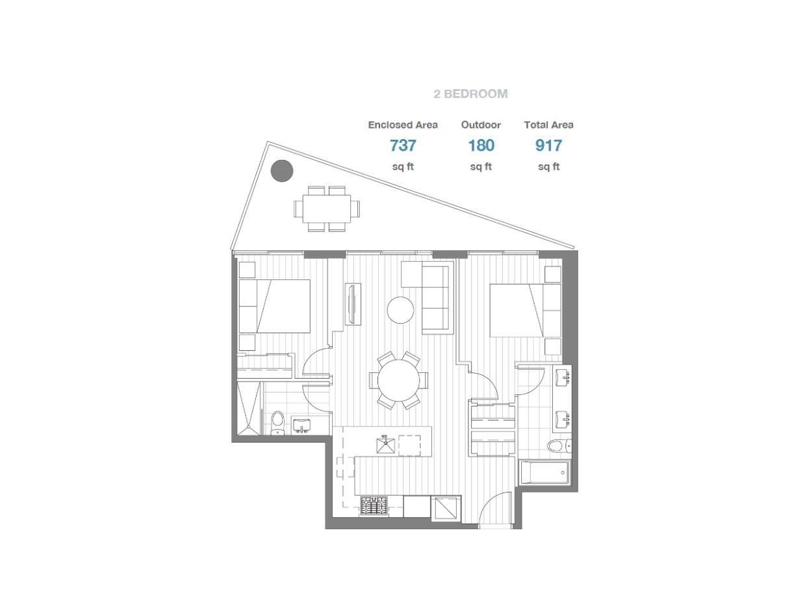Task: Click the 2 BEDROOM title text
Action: [x=470, y=94]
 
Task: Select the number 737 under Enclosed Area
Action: [x=402, y=146]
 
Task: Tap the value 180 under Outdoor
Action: [x=481, y=146]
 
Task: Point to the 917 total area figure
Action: [x=548, y=146]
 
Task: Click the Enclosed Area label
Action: [x=402, y=125]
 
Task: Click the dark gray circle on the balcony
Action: [x=281, y=171]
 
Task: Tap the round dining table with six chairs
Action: [x=398, y=381]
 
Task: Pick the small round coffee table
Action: [x=400, y=310]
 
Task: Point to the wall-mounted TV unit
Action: [x=352, y=304]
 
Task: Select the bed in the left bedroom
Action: [x=274, y=306]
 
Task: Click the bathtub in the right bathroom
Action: [x=544, y=472]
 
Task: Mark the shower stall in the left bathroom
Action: [x=249, y=407]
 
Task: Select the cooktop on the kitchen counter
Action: [x=374, y=506]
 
